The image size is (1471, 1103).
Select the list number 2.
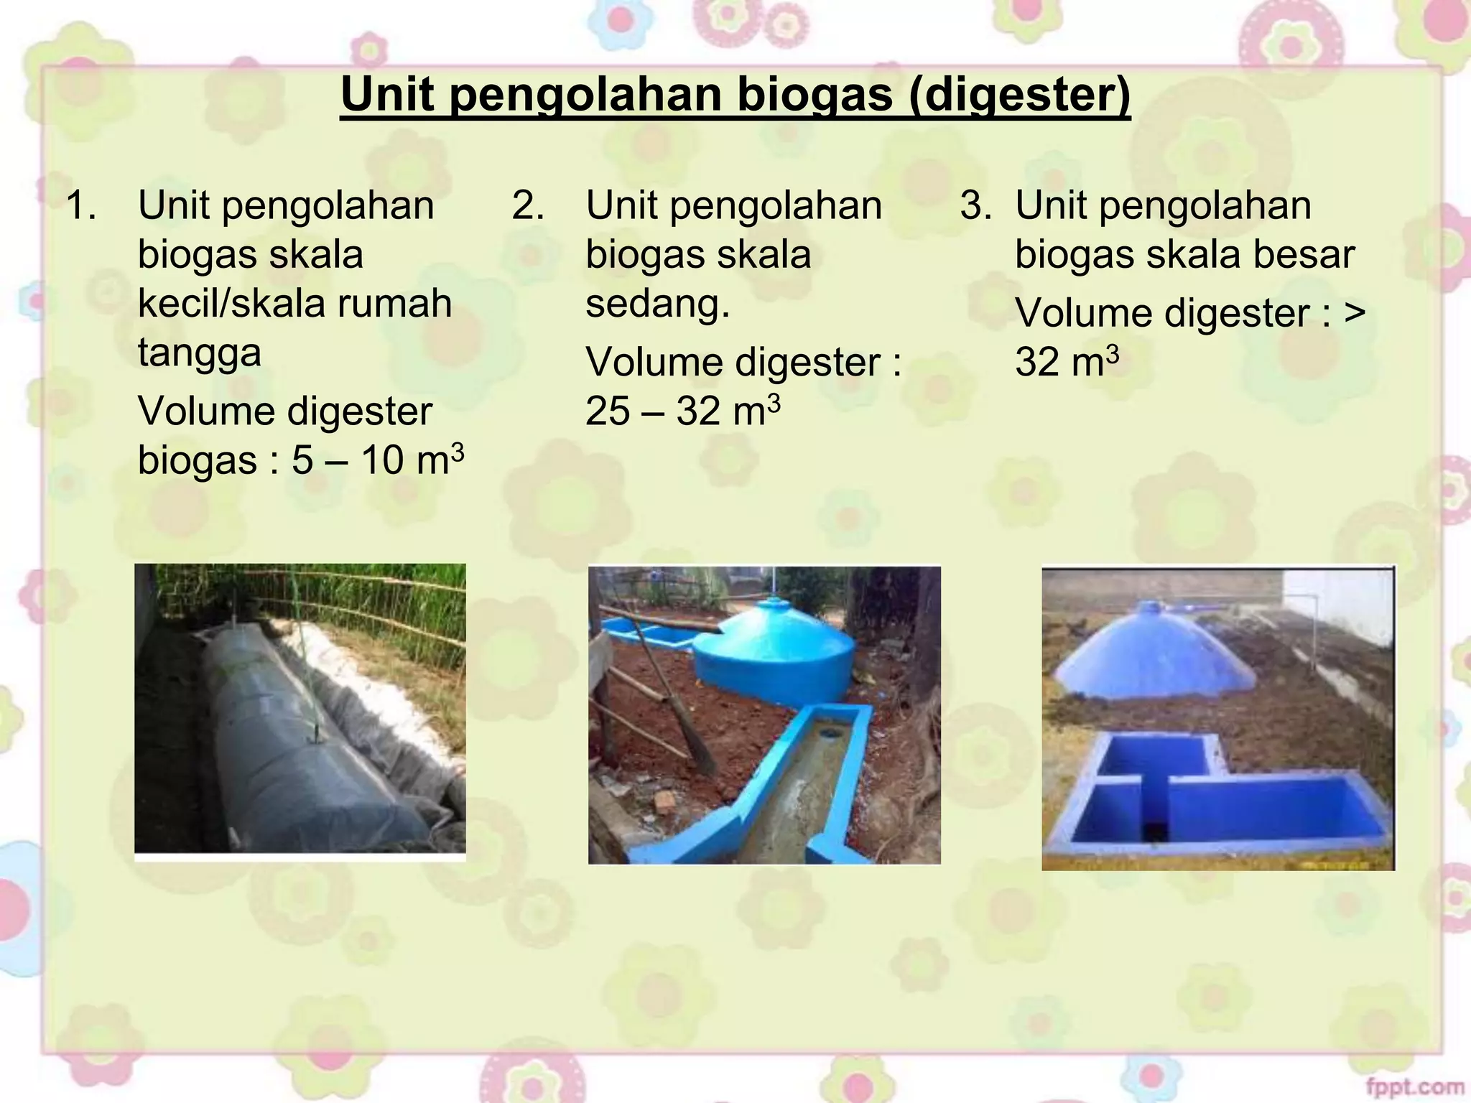pyautogui.click(x=527, y=205)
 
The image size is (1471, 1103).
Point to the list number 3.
pyautogui.click(x=975, y=205)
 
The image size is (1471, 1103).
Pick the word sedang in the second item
pyautogui.click(x=656, y=303)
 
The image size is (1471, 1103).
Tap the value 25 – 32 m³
pyautogui.click(x=682, y=411)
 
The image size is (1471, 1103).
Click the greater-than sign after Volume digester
pyautogui.click(x=1355, y=314)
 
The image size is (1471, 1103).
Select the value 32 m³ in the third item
pyautogui.click(x=1066, y=362)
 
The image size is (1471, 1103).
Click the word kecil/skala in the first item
pyautogui.click(x=230, y=303)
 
